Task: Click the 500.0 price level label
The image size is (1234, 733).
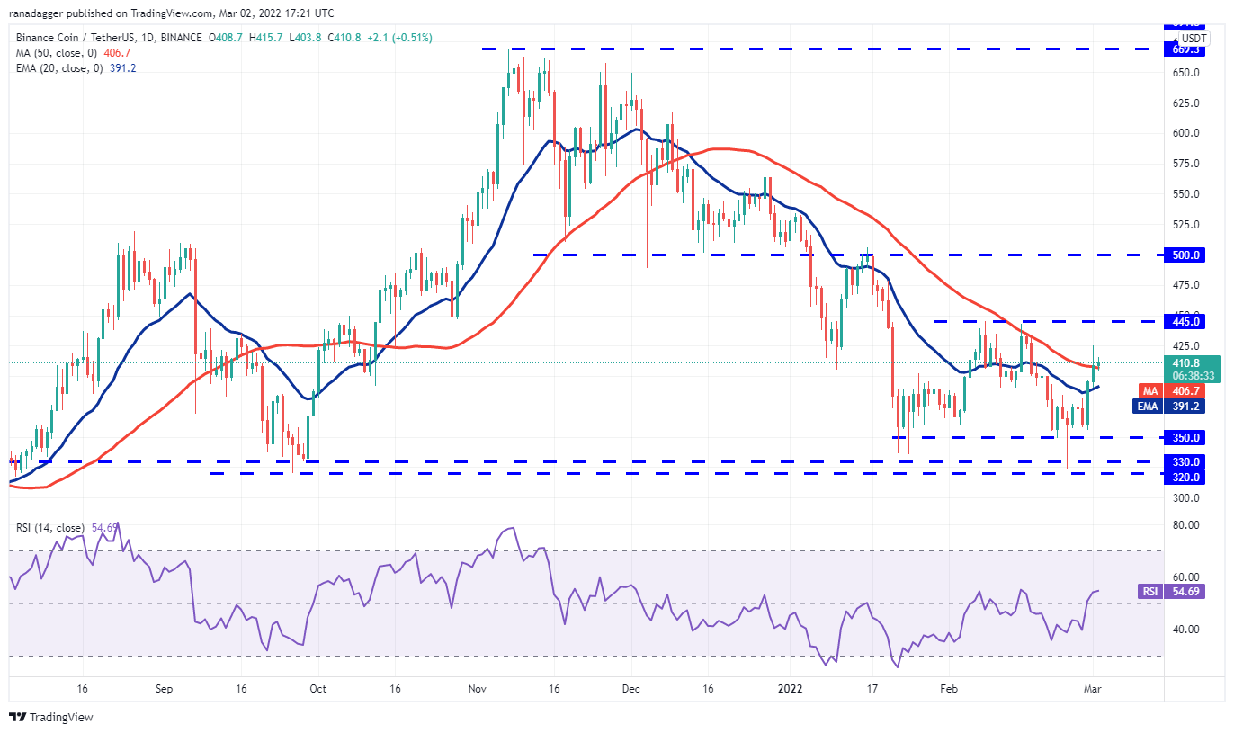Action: [x=1186, y=255]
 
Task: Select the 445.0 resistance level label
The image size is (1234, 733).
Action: [x=1186, y=321]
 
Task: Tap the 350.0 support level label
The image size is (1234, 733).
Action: [x=1186, y=437]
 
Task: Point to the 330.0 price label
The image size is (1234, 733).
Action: [x=1186, y=461]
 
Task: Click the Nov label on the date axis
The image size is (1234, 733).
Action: [x=478, y=688]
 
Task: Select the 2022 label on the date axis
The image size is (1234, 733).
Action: [x=791, y=688]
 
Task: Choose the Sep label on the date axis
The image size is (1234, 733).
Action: [x=163, y=688]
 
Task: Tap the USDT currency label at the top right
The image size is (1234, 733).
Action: [x=1194, y=39]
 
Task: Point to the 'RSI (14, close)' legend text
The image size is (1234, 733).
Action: [x=50, y=528]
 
